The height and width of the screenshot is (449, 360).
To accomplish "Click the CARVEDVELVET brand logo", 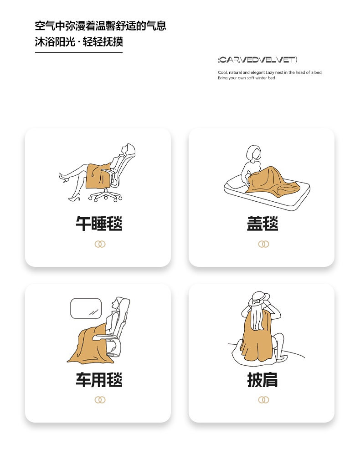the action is point(257,60).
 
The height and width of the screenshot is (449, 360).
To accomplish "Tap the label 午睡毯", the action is point(99,224).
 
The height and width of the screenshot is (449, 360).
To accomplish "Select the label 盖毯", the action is point(262,224).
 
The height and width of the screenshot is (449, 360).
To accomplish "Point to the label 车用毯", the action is point(99,380).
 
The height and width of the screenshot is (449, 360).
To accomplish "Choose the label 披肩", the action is point(262,380).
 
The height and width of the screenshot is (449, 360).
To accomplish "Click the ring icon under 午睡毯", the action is point(100,244).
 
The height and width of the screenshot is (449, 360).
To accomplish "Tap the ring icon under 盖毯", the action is point(264,244).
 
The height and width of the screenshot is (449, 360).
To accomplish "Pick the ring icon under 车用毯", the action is point(100,400).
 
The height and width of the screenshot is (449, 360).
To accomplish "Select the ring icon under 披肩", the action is point(264,400).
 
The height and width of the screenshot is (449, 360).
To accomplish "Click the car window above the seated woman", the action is point(86,308).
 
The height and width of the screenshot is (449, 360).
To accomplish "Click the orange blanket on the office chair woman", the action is point(98,176).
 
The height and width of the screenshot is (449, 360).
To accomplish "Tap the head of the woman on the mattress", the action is point(254,153).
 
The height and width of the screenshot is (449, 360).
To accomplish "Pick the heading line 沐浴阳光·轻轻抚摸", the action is point(79,42).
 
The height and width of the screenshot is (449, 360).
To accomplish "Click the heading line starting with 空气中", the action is point(101,26).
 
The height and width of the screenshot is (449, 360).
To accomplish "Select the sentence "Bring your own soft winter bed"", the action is point(247,78).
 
